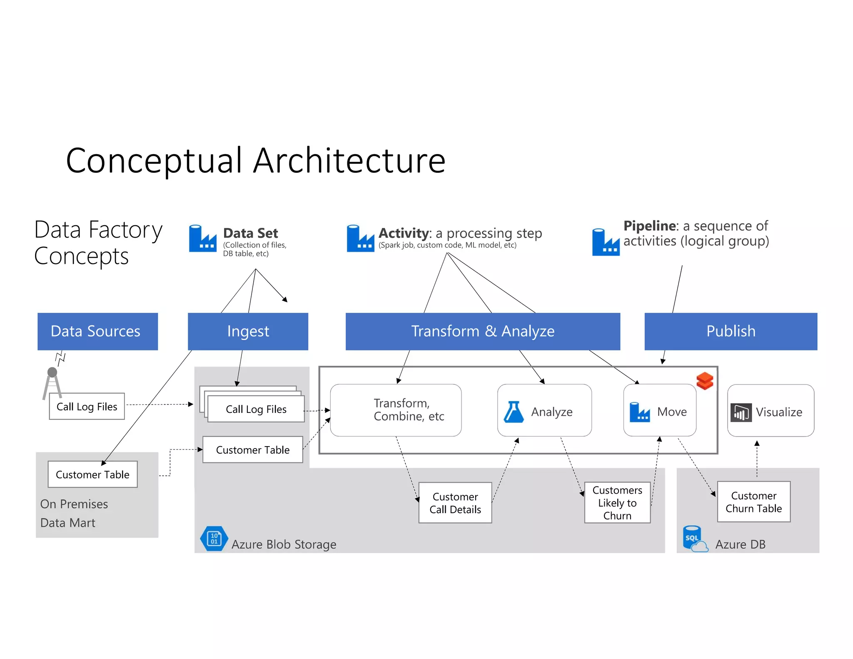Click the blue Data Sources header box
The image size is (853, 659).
coord(97,331)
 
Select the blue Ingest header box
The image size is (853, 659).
coord(248,331)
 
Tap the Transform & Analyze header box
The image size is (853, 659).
coord(483,331)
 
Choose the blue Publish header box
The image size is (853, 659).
coord(731,331)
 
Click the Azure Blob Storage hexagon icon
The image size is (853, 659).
coord(214,538)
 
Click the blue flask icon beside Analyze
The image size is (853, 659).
coord(514,412)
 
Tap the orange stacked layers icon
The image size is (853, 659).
coord(705,380)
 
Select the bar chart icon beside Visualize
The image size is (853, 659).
coord(741,412)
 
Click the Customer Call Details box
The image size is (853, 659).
coord(455,502)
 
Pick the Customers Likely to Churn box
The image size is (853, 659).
coord(617,502)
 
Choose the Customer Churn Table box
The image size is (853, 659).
coord(753,502)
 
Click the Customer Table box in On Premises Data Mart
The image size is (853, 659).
coord(92,474)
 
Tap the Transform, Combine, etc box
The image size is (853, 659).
coord(396,410)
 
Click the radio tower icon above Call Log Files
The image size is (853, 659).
coord(52,382)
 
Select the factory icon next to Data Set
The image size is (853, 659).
coord(202,239)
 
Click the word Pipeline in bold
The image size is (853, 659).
coord(649,226)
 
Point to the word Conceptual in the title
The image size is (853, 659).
coord(154,161)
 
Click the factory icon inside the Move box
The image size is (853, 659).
coord(639,412)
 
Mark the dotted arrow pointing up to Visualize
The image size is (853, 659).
coord(757,458)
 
